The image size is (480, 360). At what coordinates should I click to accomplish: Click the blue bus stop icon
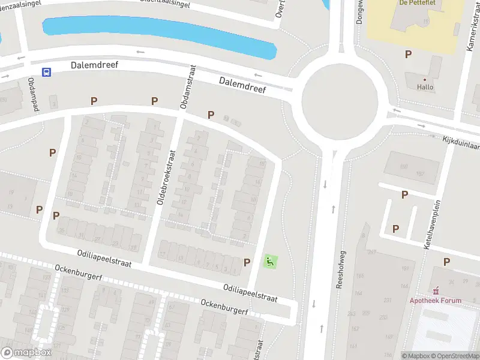[x=46, y=72]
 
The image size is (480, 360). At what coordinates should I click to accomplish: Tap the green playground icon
[x=269, y=262]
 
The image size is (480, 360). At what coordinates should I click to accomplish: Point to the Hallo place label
[x=425, y=87]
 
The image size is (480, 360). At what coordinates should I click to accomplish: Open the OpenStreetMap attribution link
[x=455, y=356]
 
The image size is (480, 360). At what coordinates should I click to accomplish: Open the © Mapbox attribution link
[x=416, y=356]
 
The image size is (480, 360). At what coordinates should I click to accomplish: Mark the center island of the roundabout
[x=340, y=100]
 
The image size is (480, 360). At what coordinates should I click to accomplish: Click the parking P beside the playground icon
[x=247, y=262]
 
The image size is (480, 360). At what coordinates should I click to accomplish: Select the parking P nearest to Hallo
[x=408, y=55]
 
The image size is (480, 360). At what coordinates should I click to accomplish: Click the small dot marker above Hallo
[x=425, y=79]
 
